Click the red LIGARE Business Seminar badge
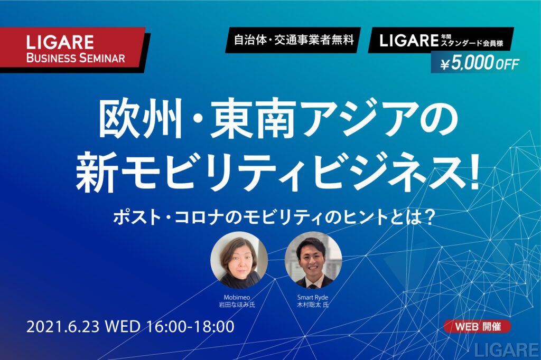(72, 49)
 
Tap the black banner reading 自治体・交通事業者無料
(293, 40)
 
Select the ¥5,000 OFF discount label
(480, 63)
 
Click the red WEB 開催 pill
(477, 326)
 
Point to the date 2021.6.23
(63, 326)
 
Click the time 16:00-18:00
(190, 326)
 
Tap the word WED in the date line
(123, 326)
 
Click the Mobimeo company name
(237, 297)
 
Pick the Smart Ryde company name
(313, 297)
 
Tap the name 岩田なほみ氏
(237, 305)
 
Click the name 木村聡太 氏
(313, 305)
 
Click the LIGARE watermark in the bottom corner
(507, 349)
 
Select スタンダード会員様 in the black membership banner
(472, 44)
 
